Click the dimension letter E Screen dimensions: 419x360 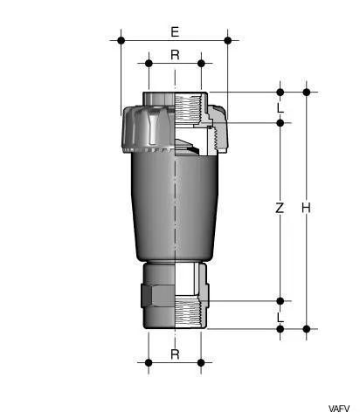(x=175, y=32)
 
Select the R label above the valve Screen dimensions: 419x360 (x=175, y=55)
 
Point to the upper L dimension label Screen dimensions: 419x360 (x=280, y=108)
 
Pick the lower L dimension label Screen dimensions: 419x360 (x=280, y=316)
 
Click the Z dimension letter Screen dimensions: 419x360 (x=280, y=209)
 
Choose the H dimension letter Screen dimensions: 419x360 (x=306, y=209)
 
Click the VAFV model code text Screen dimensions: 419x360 (x=339, y=409)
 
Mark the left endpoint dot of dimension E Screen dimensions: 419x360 (x=121, y=40)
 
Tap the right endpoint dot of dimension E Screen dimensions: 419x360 (x=228, y=40)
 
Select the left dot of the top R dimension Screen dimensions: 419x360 (x=149, y=63)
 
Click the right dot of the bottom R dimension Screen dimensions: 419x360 (x=201, y=361)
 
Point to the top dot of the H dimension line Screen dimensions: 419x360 (x=307, y=92)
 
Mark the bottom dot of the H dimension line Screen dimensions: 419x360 (x=307, y=329)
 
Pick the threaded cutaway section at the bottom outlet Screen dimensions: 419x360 (x=190, y=312)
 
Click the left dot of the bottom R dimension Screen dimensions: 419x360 (x=149, y=361)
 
